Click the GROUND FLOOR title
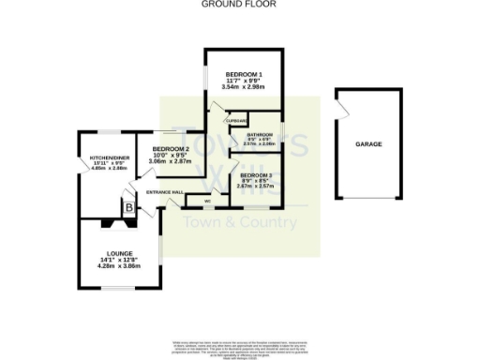point(240,5)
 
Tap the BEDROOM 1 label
point(242,73)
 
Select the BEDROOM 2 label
point(171,149)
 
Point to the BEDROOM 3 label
point(255,174)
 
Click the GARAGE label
point(367,144)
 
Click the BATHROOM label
point(260,133)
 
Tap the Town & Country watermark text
point(239,222)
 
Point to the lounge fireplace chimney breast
point(120,223)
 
